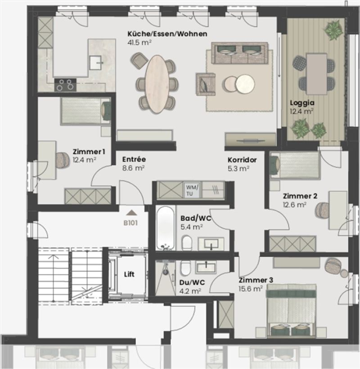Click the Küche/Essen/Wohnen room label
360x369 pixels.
[x=167, y=34]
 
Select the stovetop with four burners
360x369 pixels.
[x=65, y=85]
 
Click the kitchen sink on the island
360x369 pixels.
[x=95, y=62]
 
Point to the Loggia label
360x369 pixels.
[x=302, y=103]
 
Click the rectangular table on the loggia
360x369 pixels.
[x=316, y=73]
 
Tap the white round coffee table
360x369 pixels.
[x=245, y=84]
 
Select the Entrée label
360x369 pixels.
[x=134, y=159]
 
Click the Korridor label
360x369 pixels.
[x=242, y=160]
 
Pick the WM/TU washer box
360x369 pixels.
[x=192, y=191]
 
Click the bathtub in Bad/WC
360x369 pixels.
[x=166, y=228]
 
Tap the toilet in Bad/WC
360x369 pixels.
[x=187, y=242]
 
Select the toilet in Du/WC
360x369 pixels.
[x=186, y=268]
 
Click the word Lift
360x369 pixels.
[x=129, y=274]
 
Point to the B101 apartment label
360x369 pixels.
[x=130, y=223]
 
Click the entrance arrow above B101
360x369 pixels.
[x=131, y=213]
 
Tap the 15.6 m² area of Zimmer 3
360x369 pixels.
[x=251, y=289]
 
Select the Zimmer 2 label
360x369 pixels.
[x=300, y=196]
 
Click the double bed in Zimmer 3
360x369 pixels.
[x=292, y=310]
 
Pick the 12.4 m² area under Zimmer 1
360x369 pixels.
[x=84, y=160]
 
